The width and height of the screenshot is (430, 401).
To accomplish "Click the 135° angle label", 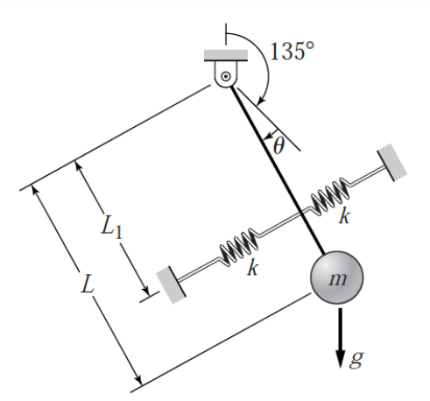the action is click(x=293, y=51).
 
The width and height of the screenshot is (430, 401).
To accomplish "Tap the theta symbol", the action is click(x=278, y=145).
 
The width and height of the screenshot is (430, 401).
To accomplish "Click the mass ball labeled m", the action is click(x=336, y=278).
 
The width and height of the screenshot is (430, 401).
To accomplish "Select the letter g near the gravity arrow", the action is click(x=356, y=359).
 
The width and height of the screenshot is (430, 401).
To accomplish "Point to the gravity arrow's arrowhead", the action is click(x=340, y=358).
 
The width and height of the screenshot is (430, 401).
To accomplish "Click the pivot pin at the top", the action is click(x=226, y=76).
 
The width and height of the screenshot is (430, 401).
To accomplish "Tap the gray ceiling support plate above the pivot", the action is click(x=226, y=55).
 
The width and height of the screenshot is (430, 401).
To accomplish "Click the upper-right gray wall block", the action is click(x=392, y=162).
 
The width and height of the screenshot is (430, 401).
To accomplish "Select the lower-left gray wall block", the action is click(x=171, y=285).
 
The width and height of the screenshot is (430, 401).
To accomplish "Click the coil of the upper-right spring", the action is click(x=330, y=197).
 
